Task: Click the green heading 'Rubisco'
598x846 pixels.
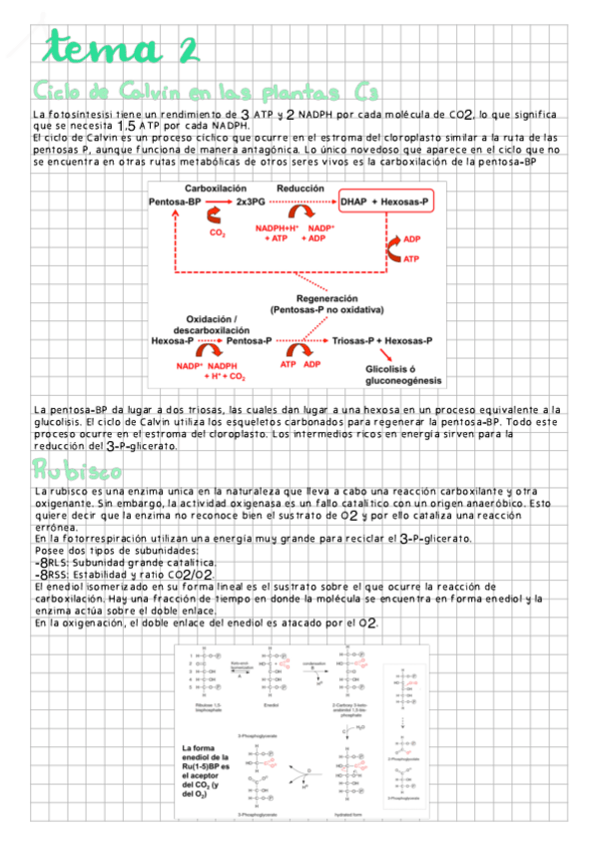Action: click(77, 470)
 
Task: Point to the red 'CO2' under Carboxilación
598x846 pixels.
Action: click(217, 233)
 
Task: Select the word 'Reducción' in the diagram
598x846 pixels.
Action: click(299, 188)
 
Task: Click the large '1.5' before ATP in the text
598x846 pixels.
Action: click(128, 127)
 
